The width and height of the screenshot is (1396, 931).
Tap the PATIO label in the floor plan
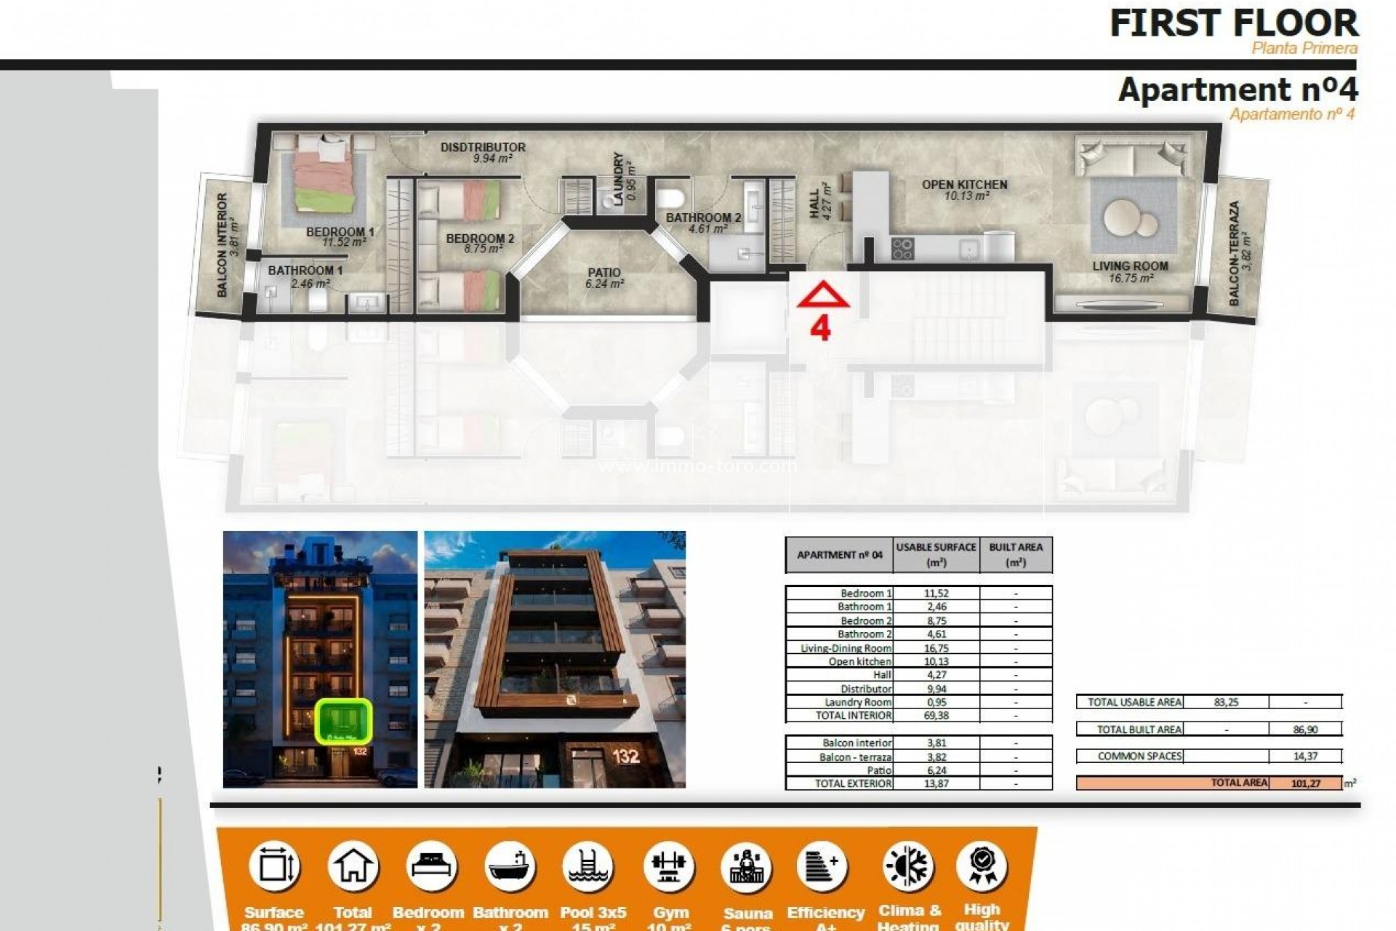[x=604, y=273]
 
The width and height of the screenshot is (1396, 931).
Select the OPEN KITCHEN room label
[x=964, y=185]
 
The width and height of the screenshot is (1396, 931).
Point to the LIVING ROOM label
[x=1130, y=266]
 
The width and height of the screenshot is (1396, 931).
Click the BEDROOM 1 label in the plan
[x=340, y=233]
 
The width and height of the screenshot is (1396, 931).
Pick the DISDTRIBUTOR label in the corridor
[x=483, y=148]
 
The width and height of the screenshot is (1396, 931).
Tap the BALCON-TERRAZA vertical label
[x=1235, y=253]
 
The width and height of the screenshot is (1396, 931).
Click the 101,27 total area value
[x=1305, y=783]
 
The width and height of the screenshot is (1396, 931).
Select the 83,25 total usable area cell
[x=1226, y=703]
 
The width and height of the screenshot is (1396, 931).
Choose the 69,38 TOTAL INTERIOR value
[x=936, y=716]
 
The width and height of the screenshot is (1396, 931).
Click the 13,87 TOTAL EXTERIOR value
[x=936, y=784]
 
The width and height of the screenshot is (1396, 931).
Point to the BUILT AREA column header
[x=1015, y=554]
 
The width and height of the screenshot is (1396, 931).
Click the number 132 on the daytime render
[x=625, y=756]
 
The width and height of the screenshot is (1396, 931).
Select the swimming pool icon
[x=588, y=867]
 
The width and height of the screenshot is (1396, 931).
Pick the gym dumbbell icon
[x=669, y=867]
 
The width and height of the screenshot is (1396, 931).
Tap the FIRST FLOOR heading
[x=1234, y=24]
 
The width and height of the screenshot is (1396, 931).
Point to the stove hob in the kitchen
[x=902, y=249]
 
